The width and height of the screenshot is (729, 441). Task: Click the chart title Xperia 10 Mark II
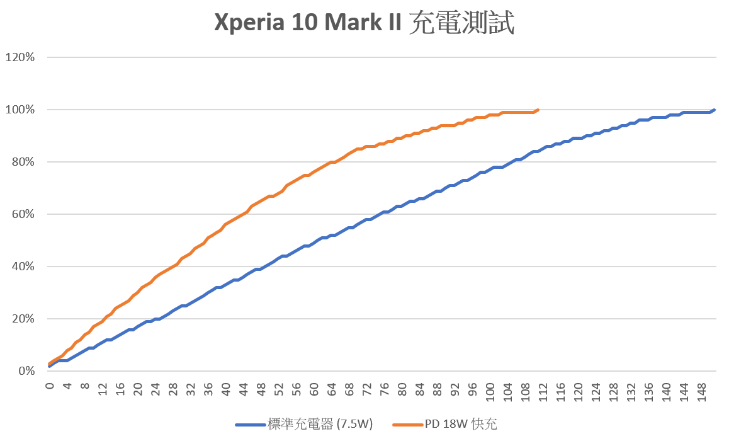pos(364,23)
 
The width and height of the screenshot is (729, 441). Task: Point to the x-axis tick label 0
pos(50,384)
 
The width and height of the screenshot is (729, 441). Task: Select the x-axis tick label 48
pos(261,386)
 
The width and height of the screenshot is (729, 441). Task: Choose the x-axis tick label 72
pos(367,386)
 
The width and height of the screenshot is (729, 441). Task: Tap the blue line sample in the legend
pos(250,425)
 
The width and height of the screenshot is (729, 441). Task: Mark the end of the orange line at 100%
pos(538,110)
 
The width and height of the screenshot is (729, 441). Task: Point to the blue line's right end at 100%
pos(714,110)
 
